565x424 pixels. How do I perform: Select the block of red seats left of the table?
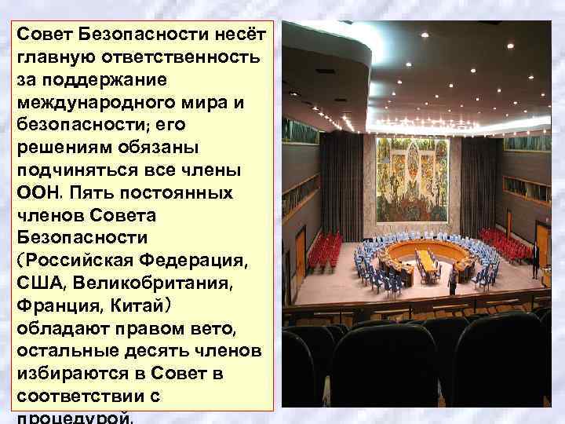pyautogui.click(x=323, y=250)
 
